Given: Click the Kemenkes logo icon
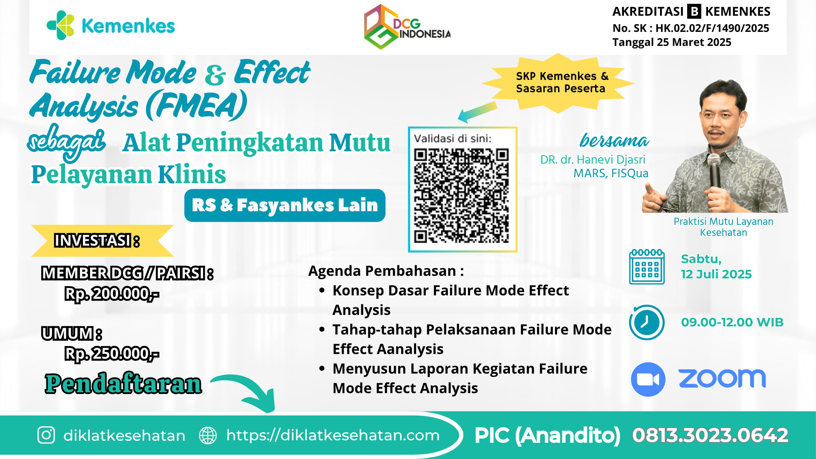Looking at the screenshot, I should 60,25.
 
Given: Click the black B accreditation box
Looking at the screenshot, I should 694,11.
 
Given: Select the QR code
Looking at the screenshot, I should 462,195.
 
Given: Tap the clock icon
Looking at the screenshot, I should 646,322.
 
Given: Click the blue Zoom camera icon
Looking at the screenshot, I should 648,379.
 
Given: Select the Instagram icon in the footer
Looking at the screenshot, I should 46,435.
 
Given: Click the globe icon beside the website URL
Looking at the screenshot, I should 208,435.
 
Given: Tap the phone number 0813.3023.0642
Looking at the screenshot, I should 710,435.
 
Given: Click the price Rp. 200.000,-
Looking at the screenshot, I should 112,294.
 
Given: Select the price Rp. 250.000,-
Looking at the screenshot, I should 112,354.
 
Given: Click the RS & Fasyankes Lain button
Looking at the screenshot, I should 285,205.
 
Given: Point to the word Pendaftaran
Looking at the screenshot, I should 123,384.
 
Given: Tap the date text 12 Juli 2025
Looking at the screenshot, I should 716,274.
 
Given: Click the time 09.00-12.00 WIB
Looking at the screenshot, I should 732,322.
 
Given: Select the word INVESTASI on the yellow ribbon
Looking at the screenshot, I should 93,241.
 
